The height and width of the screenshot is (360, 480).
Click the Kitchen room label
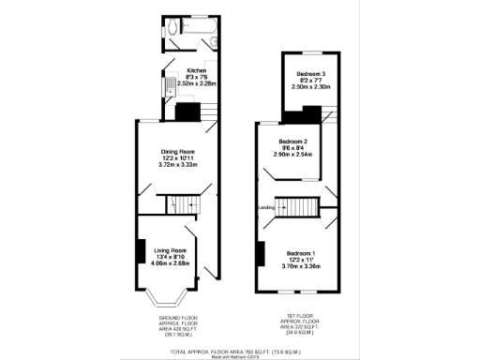(x=197, y=70)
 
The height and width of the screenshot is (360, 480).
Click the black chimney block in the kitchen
(x=188, y=112)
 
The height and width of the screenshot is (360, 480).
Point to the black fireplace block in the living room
(x=141, y=251)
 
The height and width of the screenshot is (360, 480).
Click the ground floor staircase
(x=185, y=205)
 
